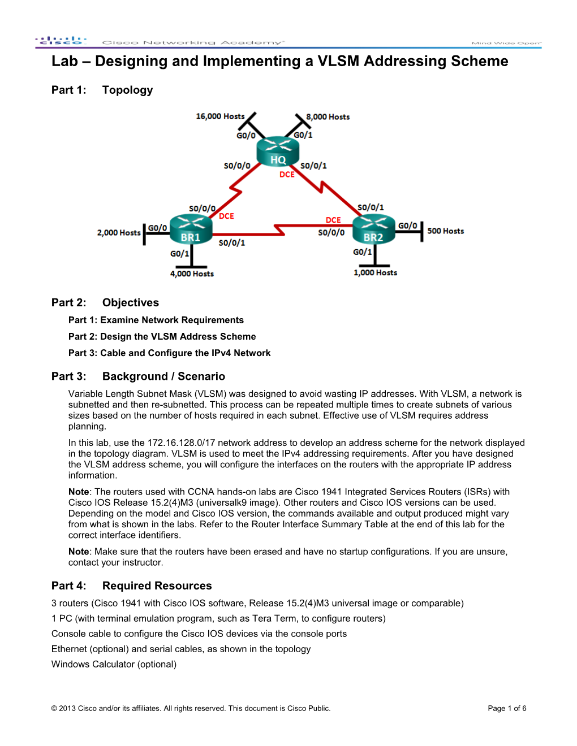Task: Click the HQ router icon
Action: point(277,151)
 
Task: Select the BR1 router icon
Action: point(191,229)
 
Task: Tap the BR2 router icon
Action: point(373,229)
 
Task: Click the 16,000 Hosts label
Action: point(220,116)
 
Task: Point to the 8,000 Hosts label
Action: point(328,117)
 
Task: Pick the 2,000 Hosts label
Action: point(119,233)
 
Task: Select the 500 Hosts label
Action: point(445,231)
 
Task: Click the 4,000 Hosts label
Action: point(192,274)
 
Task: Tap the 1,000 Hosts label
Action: point(375,273)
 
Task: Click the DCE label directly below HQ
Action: point(287,175)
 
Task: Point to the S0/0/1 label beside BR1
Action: point(232,243)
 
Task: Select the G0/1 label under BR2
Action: point(362,252)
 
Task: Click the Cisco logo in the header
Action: point(61,41)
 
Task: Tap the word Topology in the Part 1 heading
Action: point(127,90)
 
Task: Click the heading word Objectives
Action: point(131,303)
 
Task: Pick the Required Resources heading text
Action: point(157,586)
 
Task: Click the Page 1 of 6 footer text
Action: point(507,709)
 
